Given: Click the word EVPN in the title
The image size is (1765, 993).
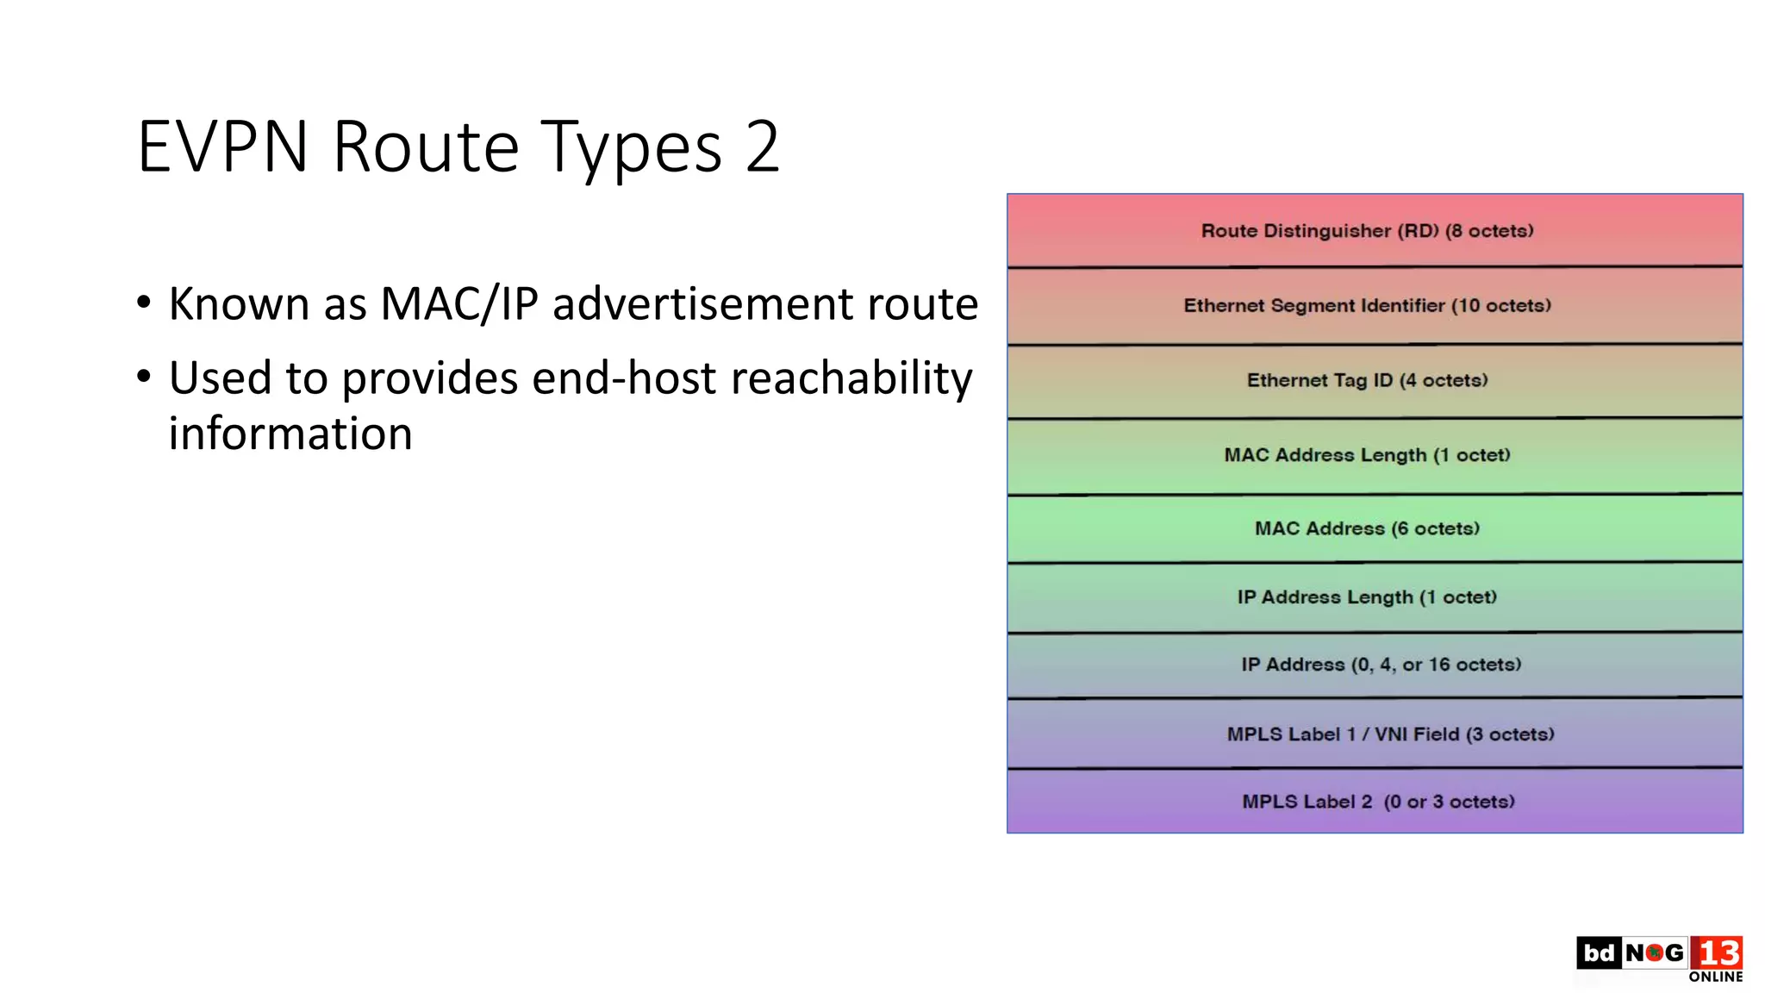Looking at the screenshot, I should pyautogui.click(x=222, y=147).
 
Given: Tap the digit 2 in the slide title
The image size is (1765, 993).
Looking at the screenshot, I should pyautogui.click(x=763, y=147).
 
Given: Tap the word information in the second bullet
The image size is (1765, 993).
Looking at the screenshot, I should pyautogui.click(x=290, y=434).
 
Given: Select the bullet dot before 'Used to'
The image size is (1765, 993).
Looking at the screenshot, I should pyautogui.click(x=144, y=377).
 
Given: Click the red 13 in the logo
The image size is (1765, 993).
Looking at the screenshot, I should pyautogui.click(x=1717, y=953).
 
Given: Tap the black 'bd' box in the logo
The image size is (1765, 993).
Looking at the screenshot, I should pyautogui.click(x=1599, y=952).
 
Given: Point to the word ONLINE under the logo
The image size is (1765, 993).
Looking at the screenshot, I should pyautogui.click(x=1715, y=977).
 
